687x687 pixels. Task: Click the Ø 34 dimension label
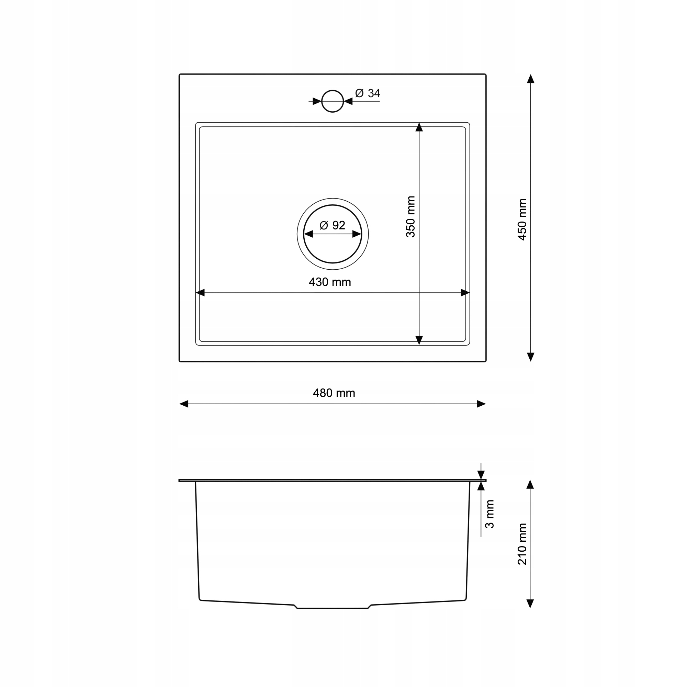point(368,93)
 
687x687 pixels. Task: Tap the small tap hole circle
point(333,90)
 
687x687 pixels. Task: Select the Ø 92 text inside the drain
point(333,225)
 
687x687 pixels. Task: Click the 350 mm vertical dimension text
point(411,216)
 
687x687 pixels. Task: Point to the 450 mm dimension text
point(522,219)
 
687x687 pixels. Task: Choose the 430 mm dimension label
point(330,282)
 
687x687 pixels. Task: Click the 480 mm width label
point(334,393)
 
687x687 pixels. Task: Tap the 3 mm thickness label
point(489,514)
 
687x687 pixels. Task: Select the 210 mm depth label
point(522,544)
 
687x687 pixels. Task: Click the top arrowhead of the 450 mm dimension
point(531,79)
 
